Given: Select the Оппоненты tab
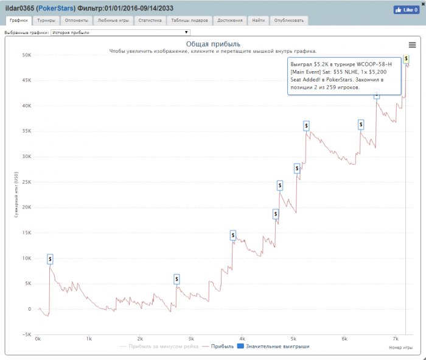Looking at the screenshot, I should pos(76,20).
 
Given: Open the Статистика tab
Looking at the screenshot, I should pos(150,20).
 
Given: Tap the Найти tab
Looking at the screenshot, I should pos(258,20).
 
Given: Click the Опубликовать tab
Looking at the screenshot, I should pos(288,20).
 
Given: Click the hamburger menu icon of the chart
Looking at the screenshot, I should pos(413,45).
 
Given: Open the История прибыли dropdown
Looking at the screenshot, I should pos(120,32).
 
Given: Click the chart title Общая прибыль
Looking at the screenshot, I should pos(212,44).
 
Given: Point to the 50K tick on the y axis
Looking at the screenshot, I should pos(27,55).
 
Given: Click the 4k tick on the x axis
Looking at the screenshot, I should pos(242,339).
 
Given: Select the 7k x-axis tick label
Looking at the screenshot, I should pos(396,339).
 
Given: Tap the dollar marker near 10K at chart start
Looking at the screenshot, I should pos(50,259).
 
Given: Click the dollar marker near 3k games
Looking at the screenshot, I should pos(176,279).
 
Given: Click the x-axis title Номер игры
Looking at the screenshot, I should pos(399,347).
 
